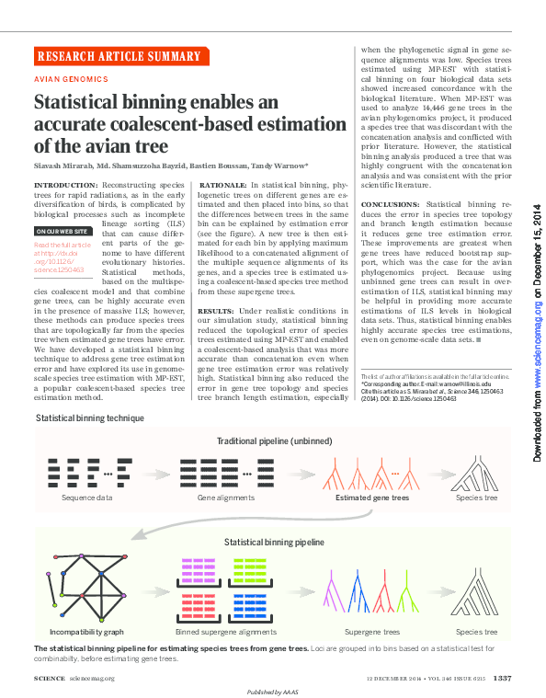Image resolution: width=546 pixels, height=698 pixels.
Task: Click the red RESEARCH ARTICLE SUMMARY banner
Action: (118, 55)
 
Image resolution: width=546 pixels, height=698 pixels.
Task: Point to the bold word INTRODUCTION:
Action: (65, 185)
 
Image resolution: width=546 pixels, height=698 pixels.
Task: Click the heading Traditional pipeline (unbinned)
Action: (270, 441)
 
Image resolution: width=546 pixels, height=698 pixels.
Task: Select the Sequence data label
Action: (87, 498)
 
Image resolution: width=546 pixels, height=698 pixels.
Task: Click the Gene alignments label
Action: (225, 498)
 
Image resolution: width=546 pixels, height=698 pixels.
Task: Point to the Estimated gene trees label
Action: (371, 498)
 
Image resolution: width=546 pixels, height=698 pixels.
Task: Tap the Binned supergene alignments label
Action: (224, 632)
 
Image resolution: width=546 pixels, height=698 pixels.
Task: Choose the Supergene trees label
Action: (372, 632)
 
